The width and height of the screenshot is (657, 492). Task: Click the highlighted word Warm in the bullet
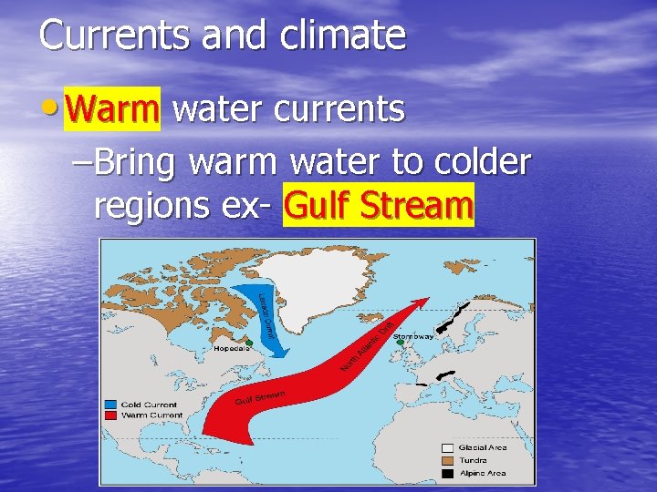112,109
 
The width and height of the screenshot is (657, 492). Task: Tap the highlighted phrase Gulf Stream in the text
379,206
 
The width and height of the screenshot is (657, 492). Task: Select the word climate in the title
344,36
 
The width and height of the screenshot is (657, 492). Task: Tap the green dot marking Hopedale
249,342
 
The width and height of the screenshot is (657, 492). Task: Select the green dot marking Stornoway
399,343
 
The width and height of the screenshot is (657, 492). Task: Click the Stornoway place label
413,336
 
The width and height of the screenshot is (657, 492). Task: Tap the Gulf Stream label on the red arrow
261,397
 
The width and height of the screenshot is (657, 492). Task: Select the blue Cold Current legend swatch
109,405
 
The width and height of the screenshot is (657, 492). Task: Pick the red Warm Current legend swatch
109,415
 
